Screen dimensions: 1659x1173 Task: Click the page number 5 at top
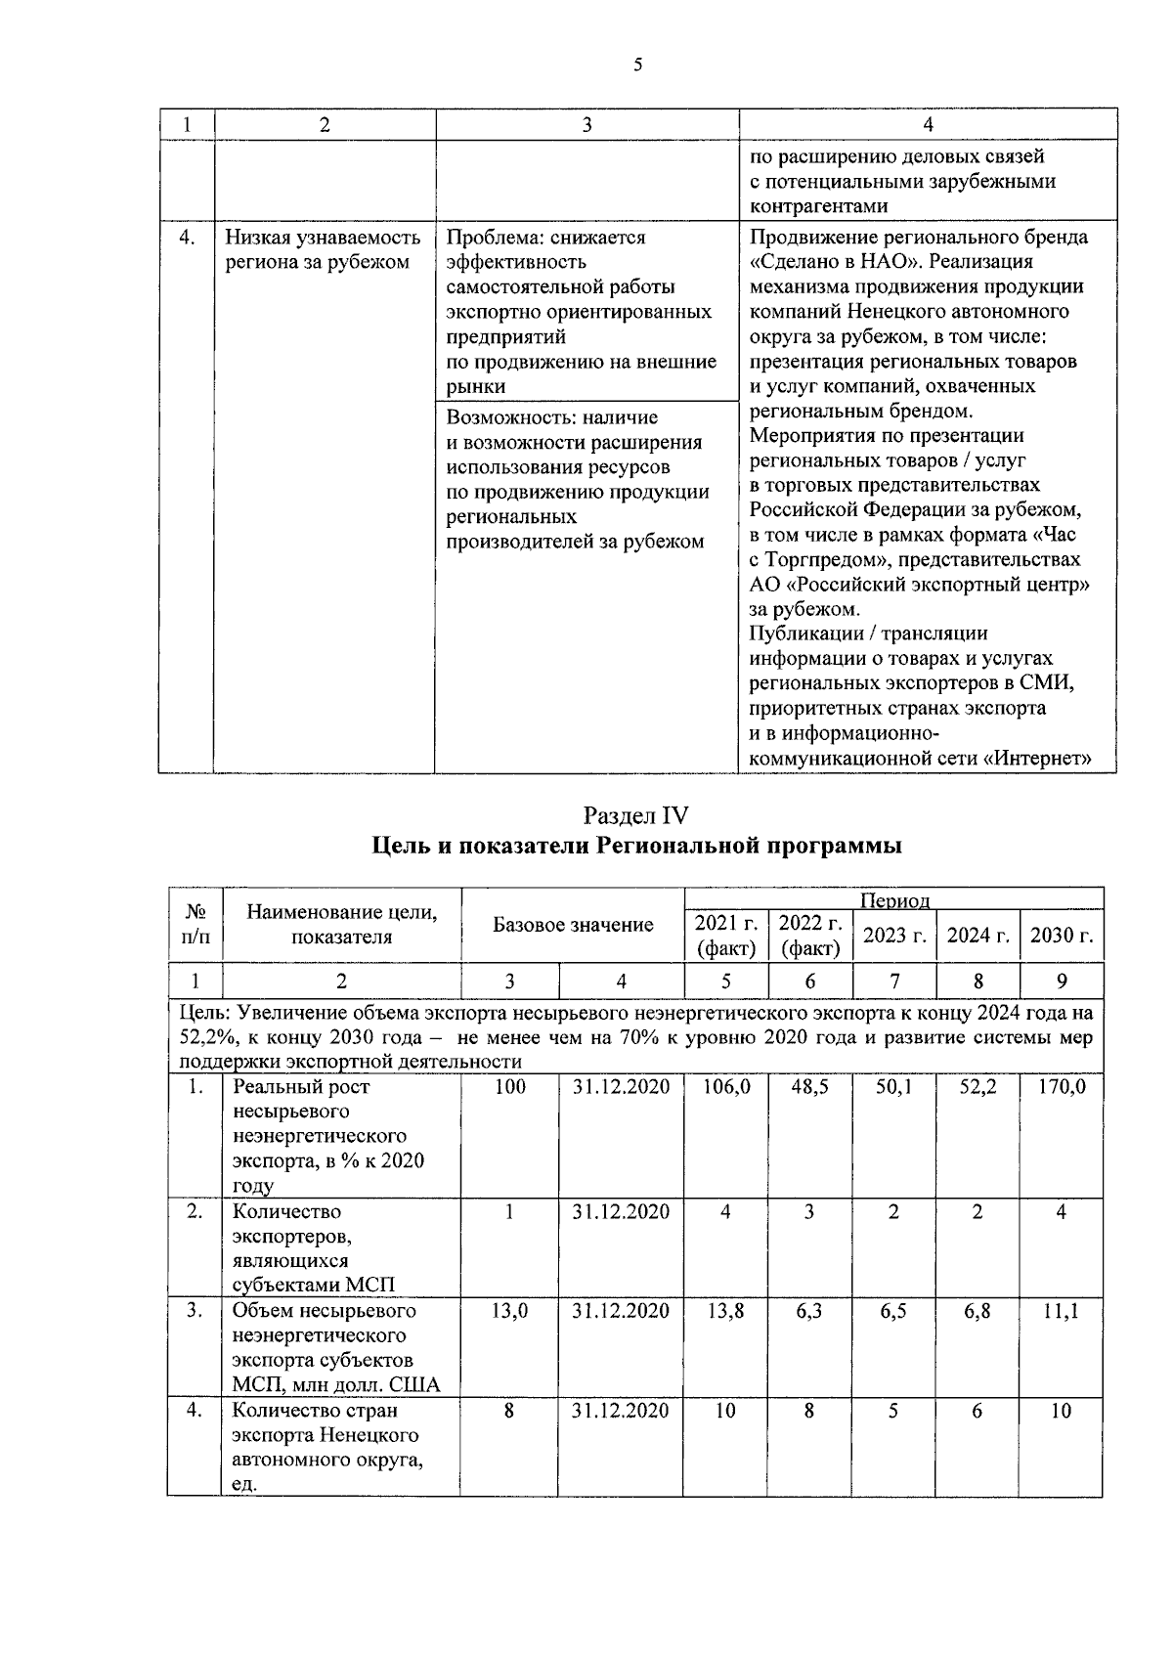click(x=637, y=65)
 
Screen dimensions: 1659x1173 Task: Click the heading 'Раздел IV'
click(x=636, y=814)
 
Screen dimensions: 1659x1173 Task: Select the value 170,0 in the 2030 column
click(x=1062, y=1086)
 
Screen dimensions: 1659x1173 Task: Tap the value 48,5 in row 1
click(x=809, y=1086)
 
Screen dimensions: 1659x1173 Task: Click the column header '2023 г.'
click(x=893, y=936)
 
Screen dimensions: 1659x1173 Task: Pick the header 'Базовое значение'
click(x=573, y=925)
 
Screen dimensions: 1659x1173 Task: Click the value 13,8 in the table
click(x=725, y=1311)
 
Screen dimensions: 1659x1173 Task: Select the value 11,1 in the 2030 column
click(x=1062, y=1311)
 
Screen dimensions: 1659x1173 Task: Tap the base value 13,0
click(x=509, y=1311)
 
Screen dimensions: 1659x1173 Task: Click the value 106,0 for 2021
click(x=725, y=1086)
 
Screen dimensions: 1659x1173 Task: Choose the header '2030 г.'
click(x=1062, y=936)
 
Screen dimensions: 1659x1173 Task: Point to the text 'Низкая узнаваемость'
click(x=323, y=238)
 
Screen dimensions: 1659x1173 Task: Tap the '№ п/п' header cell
click(x=195, y=924)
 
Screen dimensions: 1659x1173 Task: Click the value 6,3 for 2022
click(x=809, y=1311)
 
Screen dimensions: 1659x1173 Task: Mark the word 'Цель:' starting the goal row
click(x=202, y=1012)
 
